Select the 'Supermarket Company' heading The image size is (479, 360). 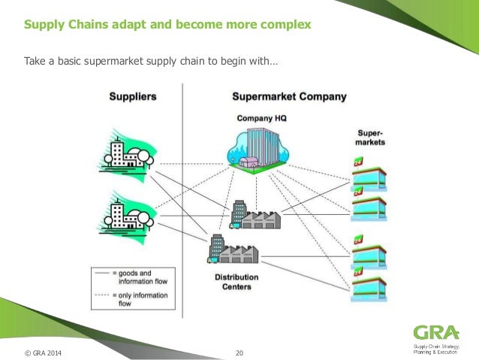click(289, 96)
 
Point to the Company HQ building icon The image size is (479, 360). click(256, 147)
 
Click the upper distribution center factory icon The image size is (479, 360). click(255, 215)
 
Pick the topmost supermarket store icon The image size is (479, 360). click(369, 171)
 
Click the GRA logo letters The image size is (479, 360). click(433, 331)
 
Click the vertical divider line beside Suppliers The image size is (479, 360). click(183, 188)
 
